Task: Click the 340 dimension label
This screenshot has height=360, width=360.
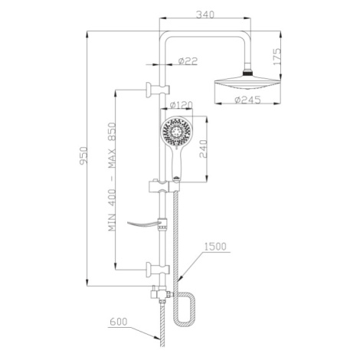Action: pyautogui.click(x=205, y=15)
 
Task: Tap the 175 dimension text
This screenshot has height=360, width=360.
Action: pyautogui.click(x=277, y=56)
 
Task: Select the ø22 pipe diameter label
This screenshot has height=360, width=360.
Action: pyautogui.click(x=188, y=61)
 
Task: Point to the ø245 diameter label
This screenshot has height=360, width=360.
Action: pyautogui.click(x=247, y=100)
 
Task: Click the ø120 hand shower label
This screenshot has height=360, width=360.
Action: pyautogui.click(x=181, y=105)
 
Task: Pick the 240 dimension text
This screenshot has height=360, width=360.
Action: pyautogui.click(x=203, y=149)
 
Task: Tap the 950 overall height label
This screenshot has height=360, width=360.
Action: pyautogui.click(x=83, y=155)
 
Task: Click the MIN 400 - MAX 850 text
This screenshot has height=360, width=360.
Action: pyautogui.click(x=112, y=177)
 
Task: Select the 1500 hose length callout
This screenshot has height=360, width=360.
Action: pyautogui.click(x=215, y=247)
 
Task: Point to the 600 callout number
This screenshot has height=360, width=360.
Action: pyautogui.click(x=119, y=322)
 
